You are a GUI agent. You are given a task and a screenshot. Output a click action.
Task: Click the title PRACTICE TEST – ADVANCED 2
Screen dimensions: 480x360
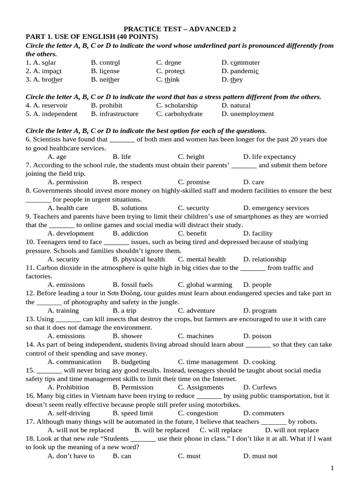180,29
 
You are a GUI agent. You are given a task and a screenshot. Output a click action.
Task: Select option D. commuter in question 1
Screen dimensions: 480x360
240,62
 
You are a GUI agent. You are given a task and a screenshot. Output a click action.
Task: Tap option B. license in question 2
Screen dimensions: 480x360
105,71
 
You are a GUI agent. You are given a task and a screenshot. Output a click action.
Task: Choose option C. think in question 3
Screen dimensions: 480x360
168,80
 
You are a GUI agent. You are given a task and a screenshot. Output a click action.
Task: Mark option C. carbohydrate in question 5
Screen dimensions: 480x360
180,114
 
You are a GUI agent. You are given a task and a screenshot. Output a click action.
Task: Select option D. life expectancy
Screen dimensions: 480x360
270,157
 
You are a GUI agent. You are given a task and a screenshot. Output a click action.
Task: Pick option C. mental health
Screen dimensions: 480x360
202,259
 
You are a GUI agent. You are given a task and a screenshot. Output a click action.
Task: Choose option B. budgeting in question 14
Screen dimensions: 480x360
131,362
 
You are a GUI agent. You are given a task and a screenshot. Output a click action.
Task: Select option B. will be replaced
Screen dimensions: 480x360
162,430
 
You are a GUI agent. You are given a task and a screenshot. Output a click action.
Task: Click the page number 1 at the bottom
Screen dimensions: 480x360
332,468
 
